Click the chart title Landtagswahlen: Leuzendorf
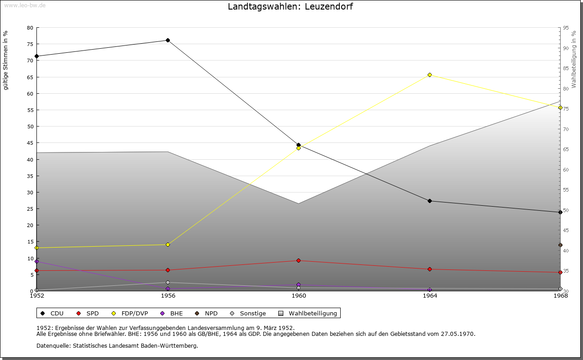coord(290,7)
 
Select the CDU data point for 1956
coord(168,41)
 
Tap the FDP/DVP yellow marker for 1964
coord(430,75)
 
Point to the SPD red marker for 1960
coord(298,261)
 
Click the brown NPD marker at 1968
coord(560,245)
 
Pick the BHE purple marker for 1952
coord(36,262)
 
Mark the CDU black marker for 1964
coord(430,201)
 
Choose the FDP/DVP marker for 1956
coord(168,245)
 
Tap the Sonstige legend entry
coord(252,314)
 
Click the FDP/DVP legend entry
coord(134,314)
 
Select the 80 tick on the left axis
coord(30,28)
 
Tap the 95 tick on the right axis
coord(566,28)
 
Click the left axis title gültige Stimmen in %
coord(6,60)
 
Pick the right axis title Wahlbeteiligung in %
coord(574,59)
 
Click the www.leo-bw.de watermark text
coord(24,5)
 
